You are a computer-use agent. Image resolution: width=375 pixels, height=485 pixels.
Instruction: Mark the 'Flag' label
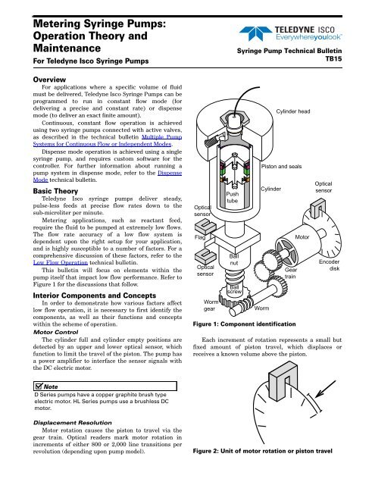click(x=201, y=238)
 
